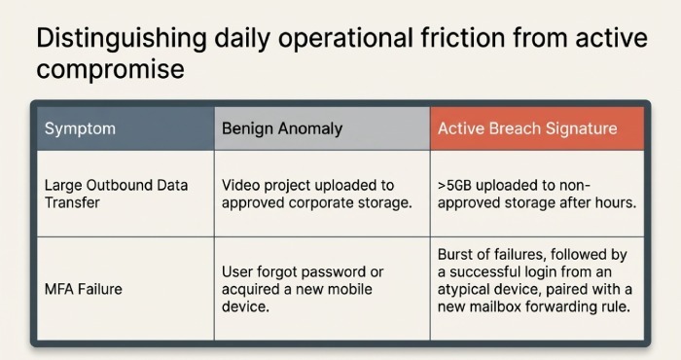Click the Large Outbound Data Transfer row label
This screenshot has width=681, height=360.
point(116,194)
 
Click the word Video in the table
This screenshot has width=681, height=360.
point(239,185)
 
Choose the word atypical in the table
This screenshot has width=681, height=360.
point(467,290)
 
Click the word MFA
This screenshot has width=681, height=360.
point(59,289)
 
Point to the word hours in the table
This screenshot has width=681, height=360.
point(612,202)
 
